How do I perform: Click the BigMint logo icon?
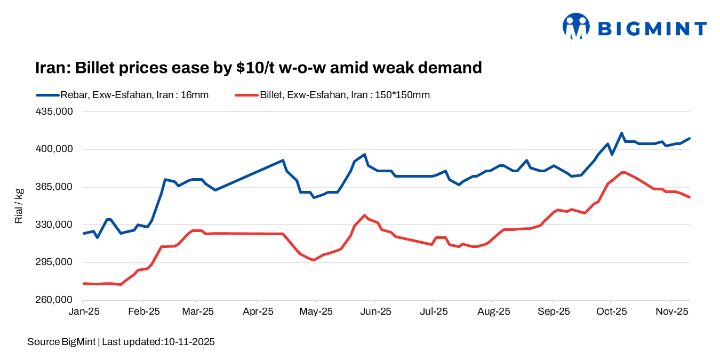(576, 26)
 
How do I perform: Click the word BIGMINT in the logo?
(652, 28)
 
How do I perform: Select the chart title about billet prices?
(259, 68)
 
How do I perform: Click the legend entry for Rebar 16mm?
(122, 95)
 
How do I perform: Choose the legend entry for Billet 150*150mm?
(332, 95)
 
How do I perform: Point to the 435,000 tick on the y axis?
(54, 111)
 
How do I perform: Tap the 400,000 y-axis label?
(54, 149)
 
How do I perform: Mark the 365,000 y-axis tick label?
(54, 187)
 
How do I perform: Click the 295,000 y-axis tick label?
(54, 262)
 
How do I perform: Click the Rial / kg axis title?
(19, 206)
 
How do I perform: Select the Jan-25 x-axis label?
(84, 311)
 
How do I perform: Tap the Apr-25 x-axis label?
(258, 311)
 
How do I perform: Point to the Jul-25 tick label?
(433, 311)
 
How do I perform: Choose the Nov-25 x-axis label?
(671, 311)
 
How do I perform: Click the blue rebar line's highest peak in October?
(621, 133)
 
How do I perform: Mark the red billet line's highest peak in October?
(622, 172)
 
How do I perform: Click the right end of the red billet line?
(690, 197)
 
